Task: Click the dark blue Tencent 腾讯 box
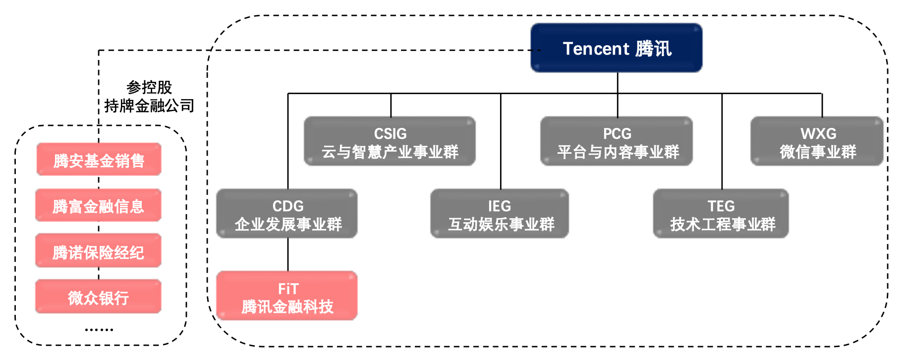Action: pyautogui.click(x=616, y=48)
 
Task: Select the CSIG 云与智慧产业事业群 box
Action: pyautogui.click(x=390, y=141)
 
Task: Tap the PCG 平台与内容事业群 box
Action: pyautogui.click(x=616, y=141)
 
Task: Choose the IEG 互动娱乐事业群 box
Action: pyautogui.click(x=499, y=214)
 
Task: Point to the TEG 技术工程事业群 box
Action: pyautogui.click(x=721, y=214)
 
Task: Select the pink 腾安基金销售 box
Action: pyautogui.click(x=99, y=160)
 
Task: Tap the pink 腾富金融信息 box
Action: pyautogui.click(x=98, y=205)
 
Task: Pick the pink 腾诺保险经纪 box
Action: pyautogui.click(x=98, y=251)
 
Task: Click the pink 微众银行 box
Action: pyautogui.click(x=98, y=297)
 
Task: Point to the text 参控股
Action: pyautogui.click(x=149, y=87)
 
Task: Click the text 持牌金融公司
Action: pyautogui.click(x=149, y=106)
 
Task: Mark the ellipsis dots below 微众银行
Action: pyautogui.click(x=99, y=329)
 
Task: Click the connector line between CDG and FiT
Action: pyautogui.click(x=288, y=254)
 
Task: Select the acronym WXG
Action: pyautogui.click(x=818, y=133)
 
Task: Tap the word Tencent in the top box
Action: pyautogui.click(x=596, y=49)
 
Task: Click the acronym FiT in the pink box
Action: pyautogui.click(x=288, y=289)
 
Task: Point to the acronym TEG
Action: pyautogui.click(x=721, y=206)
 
